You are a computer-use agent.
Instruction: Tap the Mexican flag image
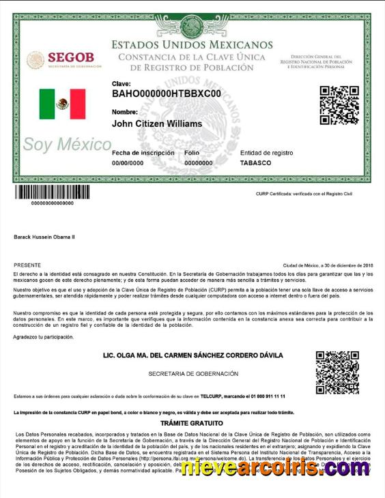(x=62, y=104)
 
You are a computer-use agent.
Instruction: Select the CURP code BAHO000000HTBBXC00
(x=167, y=93)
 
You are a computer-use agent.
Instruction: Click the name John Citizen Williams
(x=157, y=124)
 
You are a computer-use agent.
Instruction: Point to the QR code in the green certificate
(x=339, y=105)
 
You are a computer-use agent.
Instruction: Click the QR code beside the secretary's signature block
(x=337, y=372)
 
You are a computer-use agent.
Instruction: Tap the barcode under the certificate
(x=53, y=192)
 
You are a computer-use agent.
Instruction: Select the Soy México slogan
(x=67, y=145)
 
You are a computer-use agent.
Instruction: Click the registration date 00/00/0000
(x=128, y=164)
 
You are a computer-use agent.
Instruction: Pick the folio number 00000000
(x=199, y=164)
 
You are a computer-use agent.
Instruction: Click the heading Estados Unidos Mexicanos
(x=192, y=45)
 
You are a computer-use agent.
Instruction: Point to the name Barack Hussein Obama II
(x=44, y=237)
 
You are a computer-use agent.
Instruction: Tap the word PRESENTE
(x=27, y=265)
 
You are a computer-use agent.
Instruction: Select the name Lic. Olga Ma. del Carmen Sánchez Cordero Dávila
(x=192, y=355)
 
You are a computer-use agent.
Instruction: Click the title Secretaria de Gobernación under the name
(x=193, y=374)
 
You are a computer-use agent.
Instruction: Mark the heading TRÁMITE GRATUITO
(x=192, y=423)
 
